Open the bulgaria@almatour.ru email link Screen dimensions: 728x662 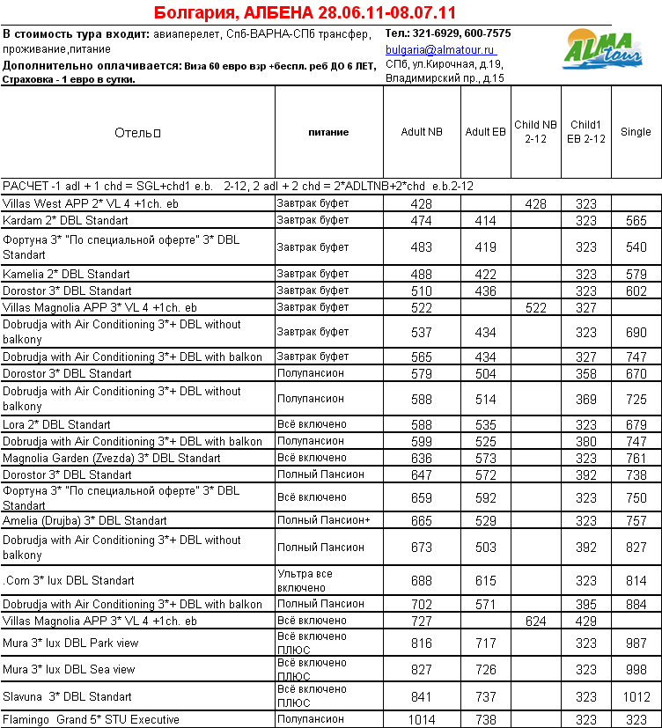(x=440, y=51)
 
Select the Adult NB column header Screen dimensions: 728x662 (x=421, y=132)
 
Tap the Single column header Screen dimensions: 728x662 (x=636, y=132)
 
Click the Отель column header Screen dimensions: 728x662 (x=137, y=133)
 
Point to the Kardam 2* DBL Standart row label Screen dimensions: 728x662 (x=66, y=220)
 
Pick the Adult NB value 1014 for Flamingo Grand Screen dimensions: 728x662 (x=421, y=720)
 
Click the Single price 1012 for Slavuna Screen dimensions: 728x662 (x=636, y=696)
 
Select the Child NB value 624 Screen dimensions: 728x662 (x=535, y=621)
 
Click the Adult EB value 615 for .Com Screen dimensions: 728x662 (x=485, y=581)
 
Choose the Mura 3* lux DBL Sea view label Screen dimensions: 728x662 (x=70, y=670)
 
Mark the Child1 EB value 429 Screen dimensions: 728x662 (x=586, y=621)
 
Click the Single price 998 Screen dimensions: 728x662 (x=636, y=670)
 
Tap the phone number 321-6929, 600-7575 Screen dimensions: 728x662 (x=447, y=33)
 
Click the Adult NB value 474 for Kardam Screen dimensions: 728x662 (x=421, y=220)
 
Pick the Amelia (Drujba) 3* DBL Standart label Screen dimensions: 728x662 (x=85, y=521)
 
